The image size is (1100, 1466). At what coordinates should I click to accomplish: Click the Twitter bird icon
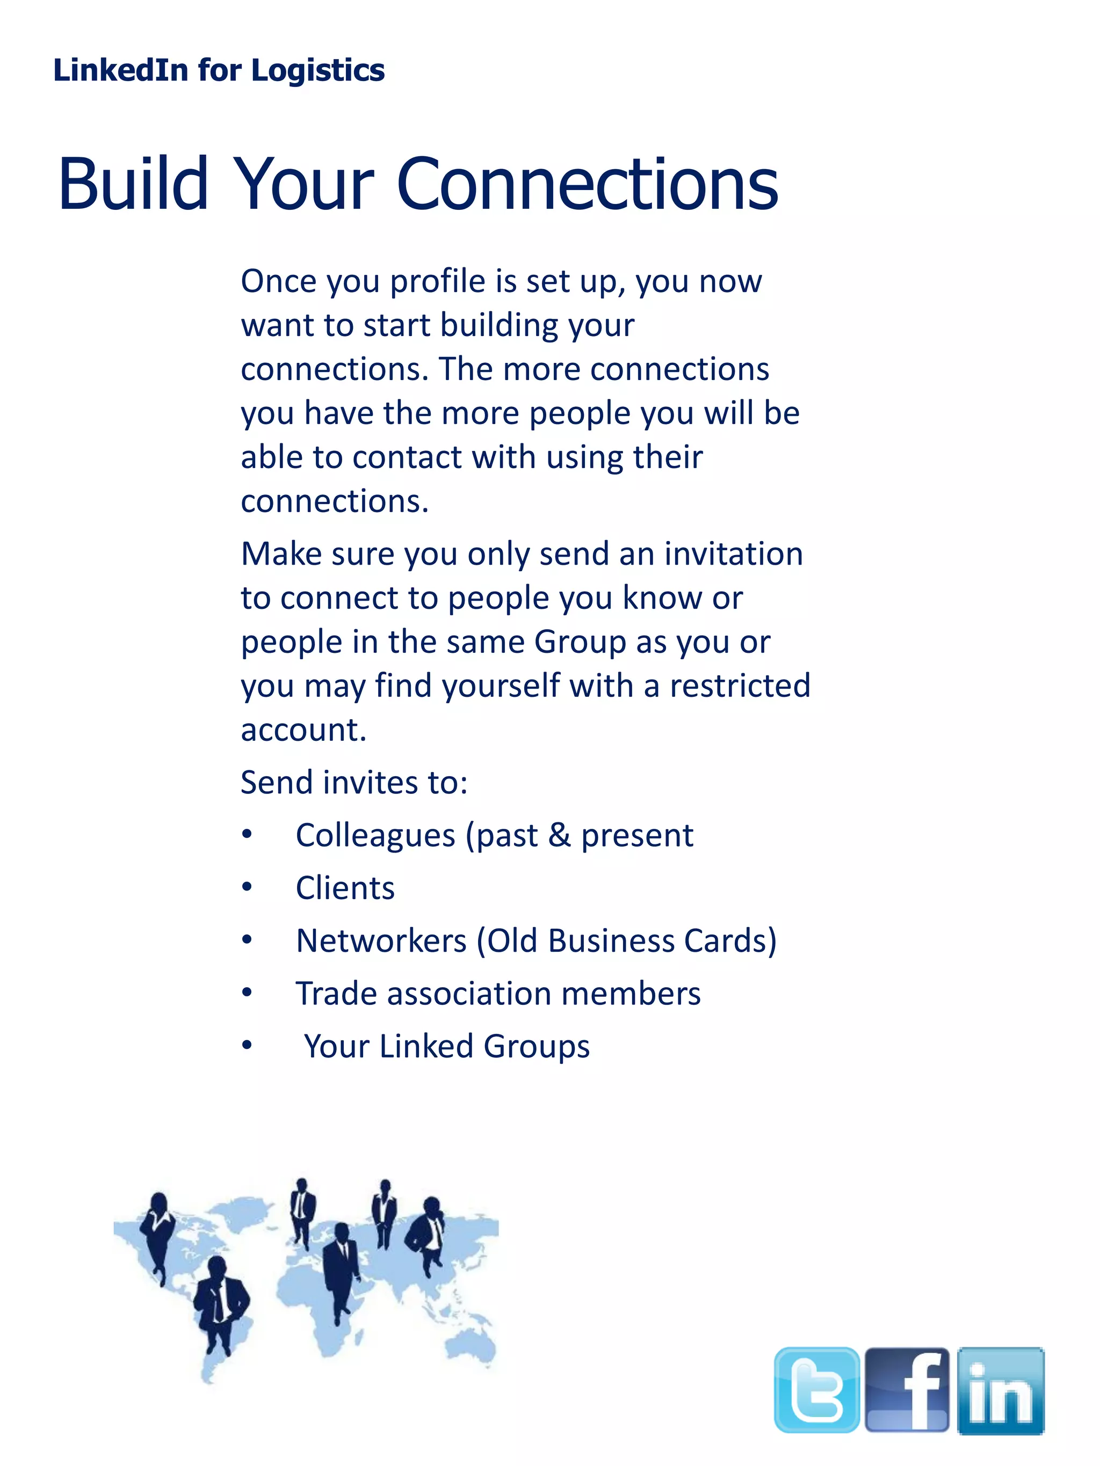click(816, 1389)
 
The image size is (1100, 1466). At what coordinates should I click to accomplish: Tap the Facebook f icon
click(907, 1389)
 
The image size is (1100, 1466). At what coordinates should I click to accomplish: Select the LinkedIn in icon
click(1001, 1390)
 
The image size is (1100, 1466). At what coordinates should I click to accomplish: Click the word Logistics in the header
click(317, 70)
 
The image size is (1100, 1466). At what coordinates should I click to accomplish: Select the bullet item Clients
click(345, 888)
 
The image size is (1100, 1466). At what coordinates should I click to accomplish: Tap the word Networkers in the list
click(381, 941)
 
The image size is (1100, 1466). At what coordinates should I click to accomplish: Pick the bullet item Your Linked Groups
click(446, 1046)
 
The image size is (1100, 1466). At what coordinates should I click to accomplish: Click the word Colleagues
click(375, 835)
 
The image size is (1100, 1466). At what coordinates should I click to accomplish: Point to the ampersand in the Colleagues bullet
click(560, 835)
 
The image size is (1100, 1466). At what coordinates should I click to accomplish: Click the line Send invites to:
click(354, 783)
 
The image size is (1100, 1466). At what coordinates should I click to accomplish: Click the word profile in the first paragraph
click(438, 282)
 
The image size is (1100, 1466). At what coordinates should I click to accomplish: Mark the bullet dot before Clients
click(247, 887)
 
